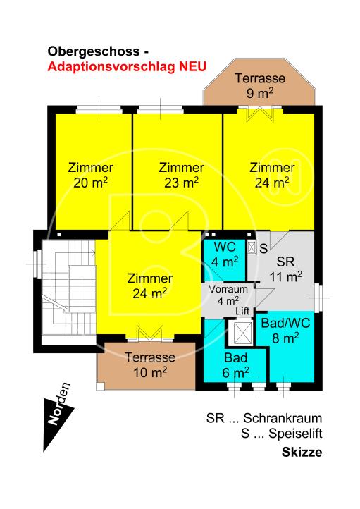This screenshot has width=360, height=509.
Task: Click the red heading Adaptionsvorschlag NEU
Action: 127,67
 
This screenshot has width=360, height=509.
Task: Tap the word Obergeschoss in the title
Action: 94,51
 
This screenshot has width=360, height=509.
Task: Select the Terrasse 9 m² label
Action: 260,86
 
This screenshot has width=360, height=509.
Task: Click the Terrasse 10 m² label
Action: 150,365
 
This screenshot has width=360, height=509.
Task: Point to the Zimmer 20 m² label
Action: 90,176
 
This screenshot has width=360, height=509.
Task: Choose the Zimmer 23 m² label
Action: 181,176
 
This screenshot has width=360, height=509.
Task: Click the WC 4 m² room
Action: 225,259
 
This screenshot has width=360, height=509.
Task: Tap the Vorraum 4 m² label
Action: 228,295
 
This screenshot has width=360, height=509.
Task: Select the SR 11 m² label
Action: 286,269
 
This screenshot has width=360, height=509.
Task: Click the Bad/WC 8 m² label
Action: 285,331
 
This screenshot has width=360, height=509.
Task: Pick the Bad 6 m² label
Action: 236,365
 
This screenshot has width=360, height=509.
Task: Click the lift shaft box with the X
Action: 240,333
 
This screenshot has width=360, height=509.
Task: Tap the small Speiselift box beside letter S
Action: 252,247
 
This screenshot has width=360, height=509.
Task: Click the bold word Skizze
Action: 302,452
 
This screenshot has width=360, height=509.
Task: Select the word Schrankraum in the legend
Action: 283,419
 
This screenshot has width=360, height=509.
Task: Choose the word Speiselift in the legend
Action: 295,434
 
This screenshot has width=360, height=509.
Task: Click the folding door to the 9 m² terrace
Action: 259,114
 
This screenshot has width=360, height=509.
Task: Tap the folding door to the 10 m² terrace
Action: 149,333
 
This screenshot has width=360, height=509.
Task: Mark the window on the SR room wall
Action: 319,298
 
